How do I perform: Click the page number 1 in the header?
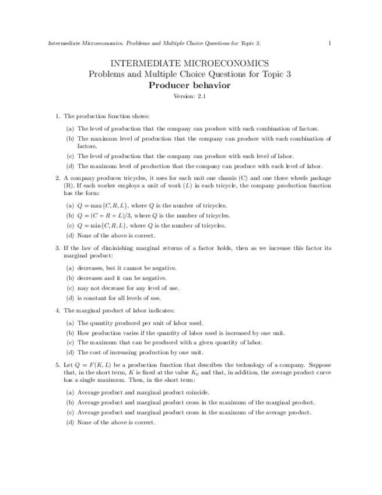[x=330, y=43]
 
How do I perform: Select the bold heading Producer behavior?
[x=190, y=85]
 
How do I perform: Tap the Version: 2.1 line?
[x=190, y=97]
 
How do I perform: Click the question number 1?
[x=58, y=116]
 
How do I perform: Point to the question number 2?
[x=58, y=177]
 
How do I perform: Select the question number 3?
[x=58, y=248]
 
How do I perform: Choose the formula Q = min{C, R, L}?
[x=102, y=225]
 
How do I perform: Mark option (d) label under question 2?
[x=70, y=235]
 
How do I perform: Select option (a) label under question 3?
[x=70, y=268]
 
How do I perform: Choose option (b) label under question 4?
[x=70, y=333]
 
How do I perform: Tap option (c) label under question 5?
[x=70, y=412]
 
